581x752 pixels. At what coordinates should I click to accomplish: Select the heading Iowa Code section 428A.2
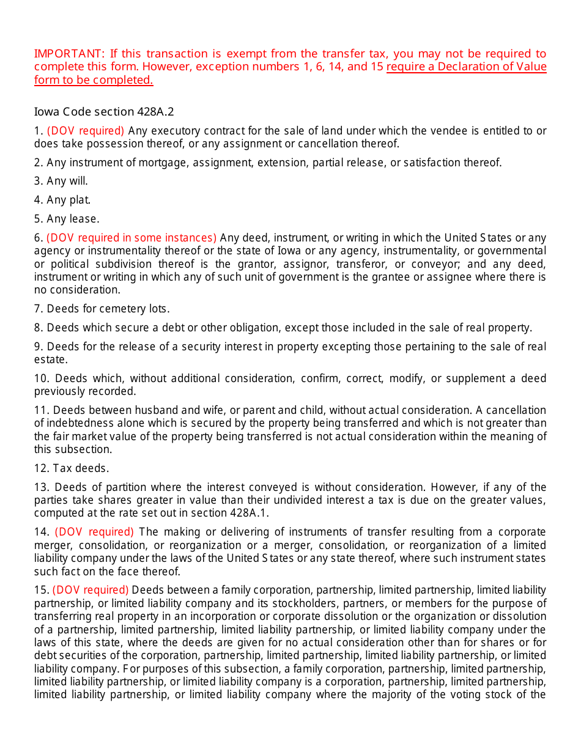point(104,111)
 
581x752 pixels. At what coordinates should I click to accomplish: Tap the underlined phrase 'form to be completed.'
point(94,80)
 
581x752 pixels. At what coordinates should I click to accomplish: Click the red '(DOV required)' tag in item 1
point(86,131)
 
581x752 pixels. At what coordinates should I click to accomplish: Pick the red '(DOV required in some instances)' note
point(131,238)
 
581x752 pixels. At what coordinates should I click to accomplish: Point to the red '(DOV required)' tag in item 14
point(94,532)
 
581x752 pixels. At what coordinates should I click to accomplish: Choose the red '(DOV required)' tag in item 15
point(91,590)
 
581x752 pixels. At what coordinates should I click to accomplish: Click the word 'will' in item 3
point(78,181)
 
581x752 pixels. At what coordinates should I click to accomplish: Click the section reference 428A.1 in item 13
point(250,513)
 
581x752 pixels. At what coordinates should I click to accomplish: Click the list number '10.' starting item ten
point(42,378)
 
